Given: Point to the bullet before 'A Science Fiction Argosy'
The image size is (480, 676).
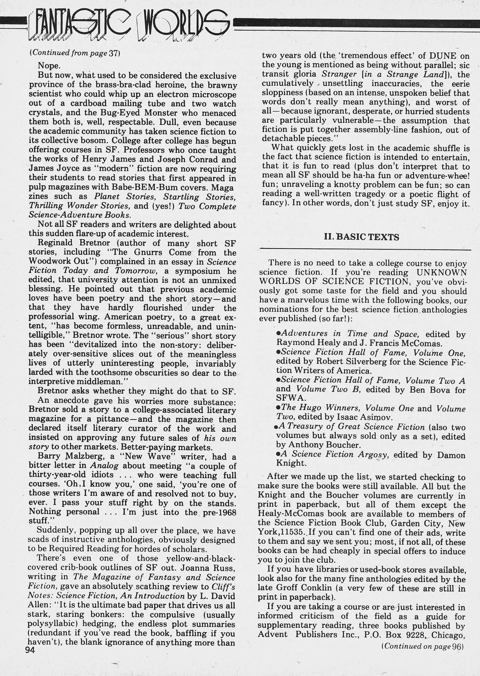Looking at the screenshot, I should coord(278,454).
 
